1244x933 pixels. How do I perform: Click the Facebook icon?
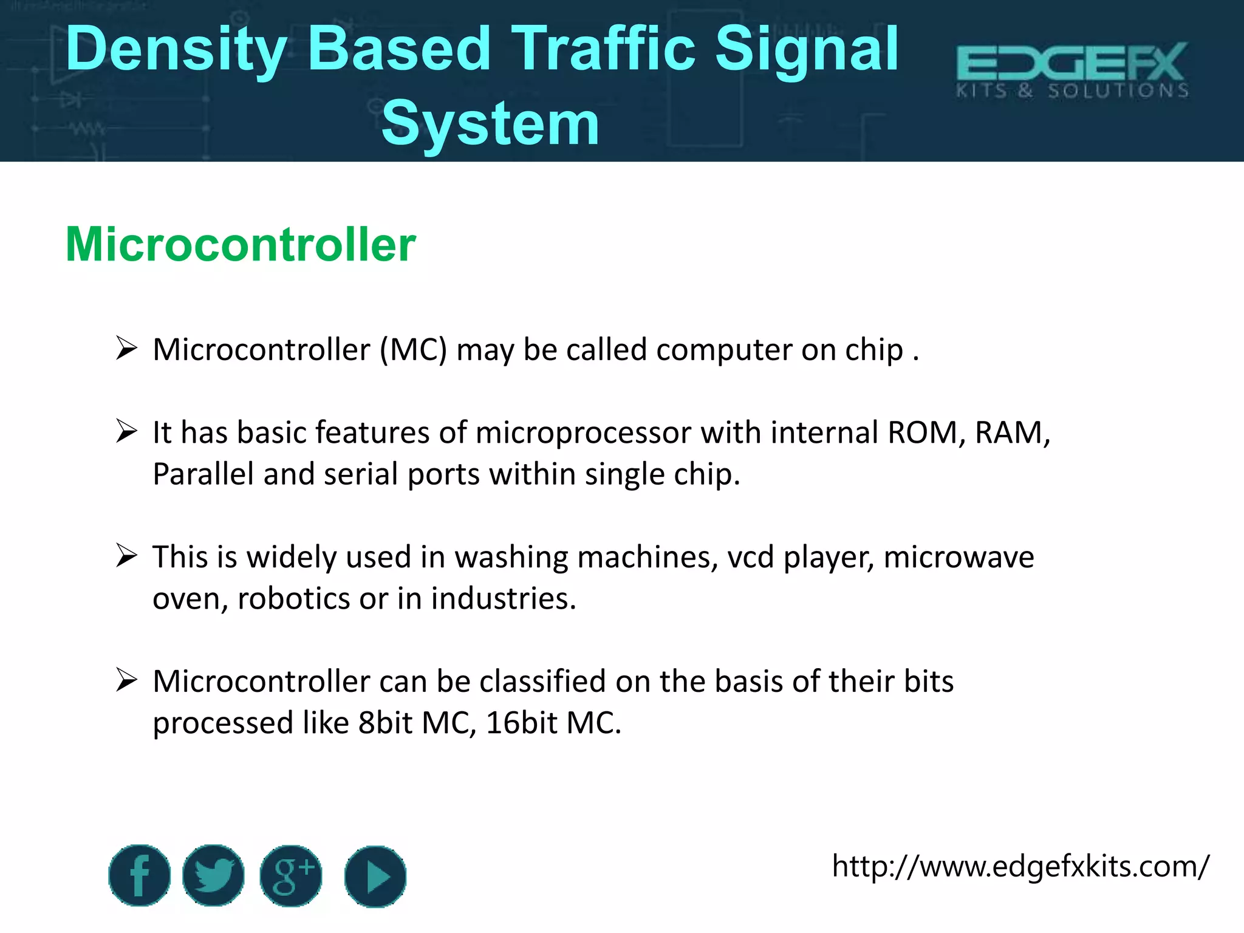139,875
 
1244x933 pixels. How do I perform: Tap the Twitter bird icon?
213,875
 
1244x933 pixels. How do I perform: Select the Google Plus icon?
291,875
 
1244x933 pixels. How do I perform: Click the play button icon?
375,877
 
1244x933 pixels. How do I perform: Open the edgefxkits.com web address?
1020,866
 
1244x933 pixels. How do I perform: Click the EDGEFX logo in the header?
1072,70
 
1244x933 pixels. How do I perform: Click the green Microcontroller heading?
241,244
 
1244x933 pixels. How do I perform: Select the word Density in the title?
176,50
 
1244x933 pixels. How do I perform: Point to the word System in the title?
490,124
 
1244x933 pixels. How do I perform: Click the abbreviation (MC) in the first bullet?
414,350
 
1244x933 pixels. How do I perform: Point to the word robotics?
293,599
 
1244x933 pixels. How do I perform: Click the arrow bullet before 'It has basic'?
126,432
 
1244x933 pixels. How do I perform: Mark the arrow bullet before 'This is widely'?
126,556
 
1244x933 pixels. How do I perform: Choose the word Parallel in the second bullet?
203,474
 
